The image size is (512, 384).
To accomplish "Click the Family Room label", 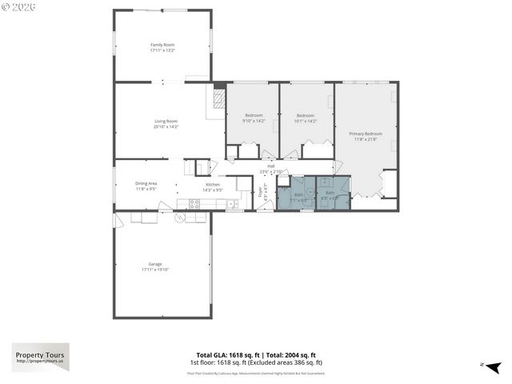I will (x=162, y=45).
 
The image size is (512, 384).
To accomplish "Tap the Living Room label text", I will (x=166, y=122).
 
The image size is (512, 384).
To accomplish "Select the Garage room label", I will (x=154, y=264).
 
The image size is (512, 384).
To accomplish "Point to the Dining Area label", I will (x=146, y=183).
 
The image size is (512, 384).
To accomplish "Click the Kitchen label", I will (x=213, y=184).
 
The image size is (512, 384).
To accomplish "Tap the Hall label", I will (x=271, y=166).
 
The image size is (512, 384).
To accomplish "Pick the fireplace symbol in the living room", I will (x=217, y=100).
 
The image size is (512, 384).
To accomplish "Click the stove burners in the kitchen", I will (x=194, y=203).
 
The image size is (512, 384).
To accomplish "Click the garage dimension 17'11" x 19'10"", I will (x=154, y=270).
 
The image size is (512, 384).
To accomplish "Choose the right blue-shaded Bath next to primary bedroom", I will (x=330, y=194).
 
